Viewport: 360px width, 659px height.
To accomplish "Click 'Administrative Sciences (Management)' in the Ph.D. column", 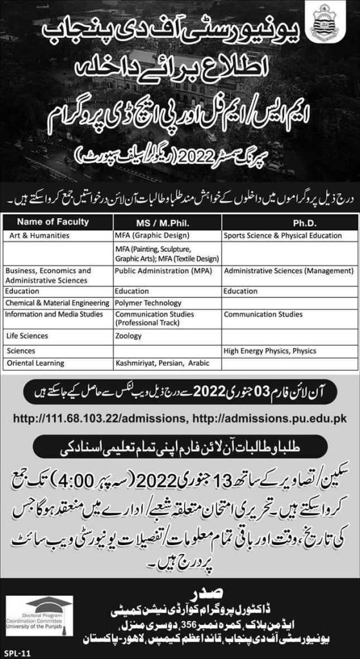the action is [x=289, y=271].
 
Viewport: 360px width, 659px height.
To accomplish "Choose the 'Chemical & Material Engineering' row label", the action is [x=57, y=302].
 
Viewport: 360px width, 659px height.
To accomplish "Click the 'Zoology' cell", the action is [x=128, y=336].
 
